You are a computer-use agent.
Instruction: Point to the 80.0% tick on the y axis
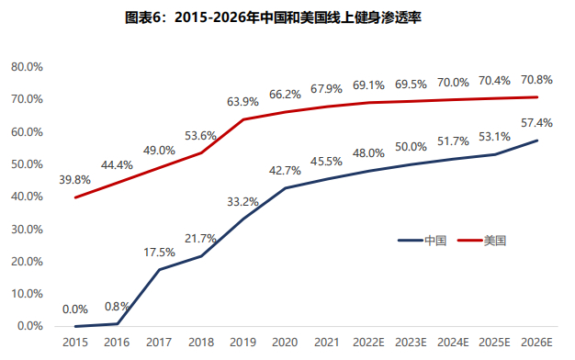tap(27, 67)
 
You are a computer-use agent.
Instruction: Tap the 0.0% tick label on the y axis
tap(29, 326)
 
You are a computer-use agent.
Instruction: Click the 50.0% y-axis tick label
tap(27, 164)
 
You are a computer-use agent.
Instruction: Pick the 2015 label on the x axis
tap(75, 343)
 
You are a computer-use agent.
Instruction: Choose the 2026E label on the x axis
tap(537, 343)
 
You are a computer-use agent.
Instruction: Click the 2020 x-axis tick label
tap(285, 343)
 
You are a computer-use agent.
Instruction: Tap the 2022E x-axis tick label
tap(369, 343)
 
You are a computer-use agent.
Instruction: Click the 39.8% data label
tap(75, 180)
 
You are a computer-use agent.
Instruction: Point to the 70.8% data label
tap(536, 79)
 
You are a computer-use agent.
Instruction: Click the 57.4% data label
tap(536, 122)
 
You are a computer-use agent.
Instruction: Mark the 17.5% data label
tap(159, 252)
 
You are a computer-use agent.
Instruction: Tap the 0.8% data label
tap(117, 306)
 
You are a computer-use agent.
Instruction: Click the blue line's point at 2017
tap(159, 269)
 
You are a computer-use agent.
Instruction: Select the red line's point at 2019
tap(243, 119)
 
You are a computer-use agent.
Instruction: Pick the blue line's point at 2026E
tap(537, 141)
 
